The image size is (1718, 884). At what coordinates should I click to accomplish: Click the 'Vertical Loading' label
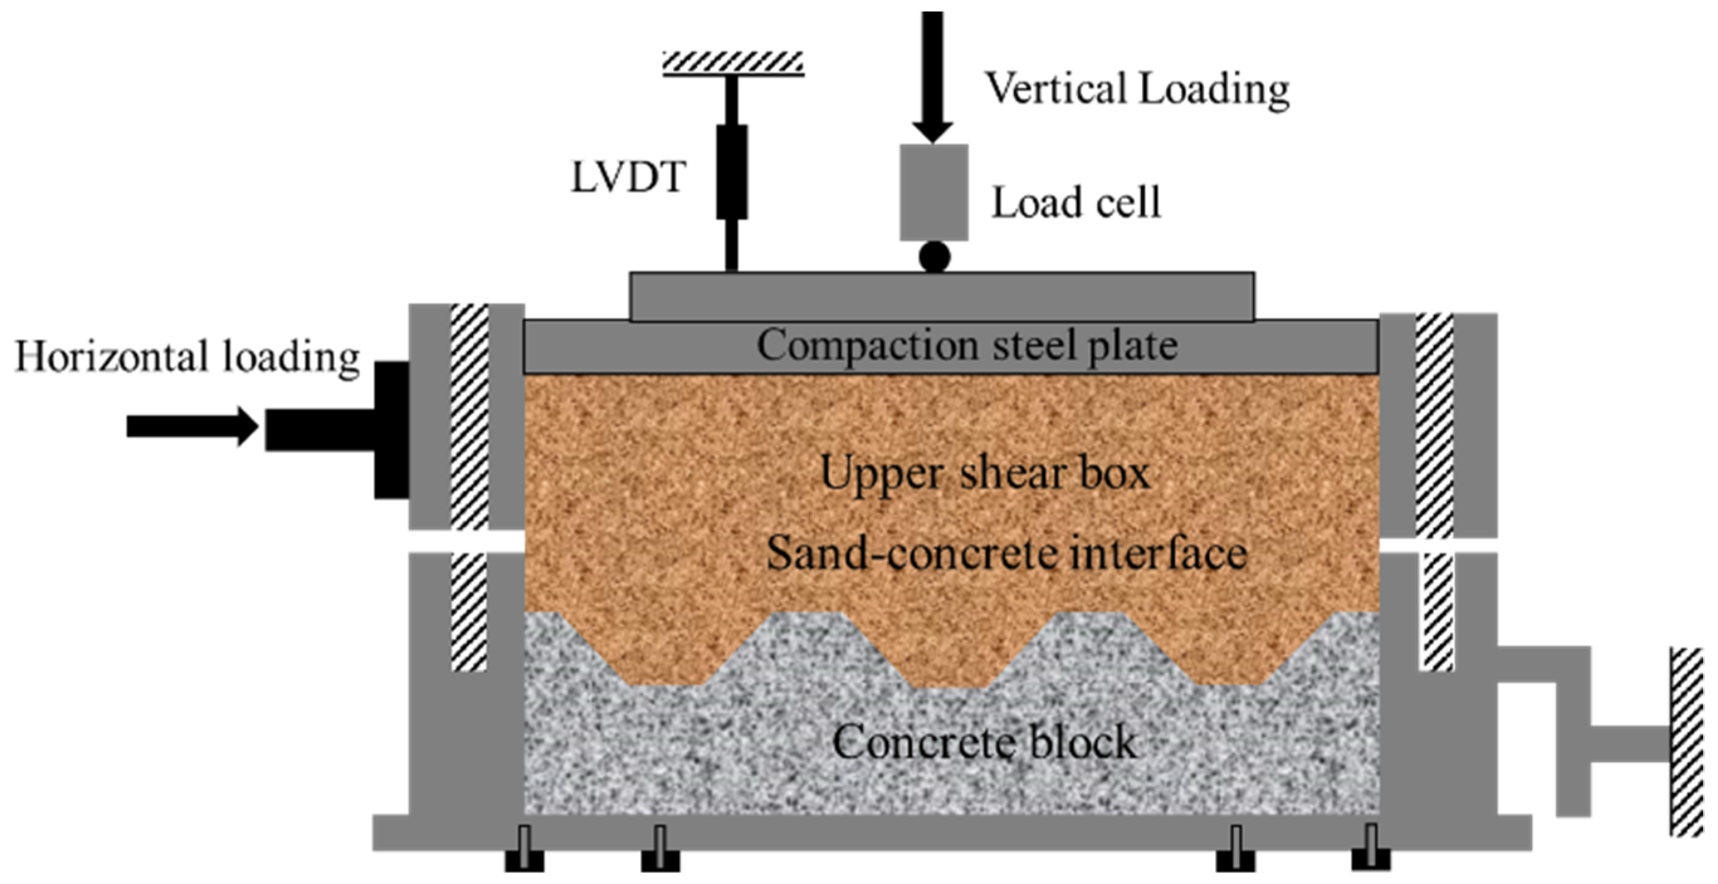[1137, 89]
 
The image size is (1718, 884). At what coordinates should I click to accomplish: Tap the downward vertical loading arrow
[932, 74]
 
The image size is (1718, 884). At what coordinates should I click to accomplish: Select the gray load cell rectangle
[933, 192]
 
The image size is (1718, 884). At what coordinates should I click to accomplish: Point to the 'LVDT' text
[627, 177]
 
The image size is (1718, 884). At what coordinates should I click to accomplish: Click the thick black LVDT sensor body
[732, 172]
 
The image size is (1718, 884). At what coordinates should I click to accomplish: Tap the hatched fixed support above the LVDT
[732, 62]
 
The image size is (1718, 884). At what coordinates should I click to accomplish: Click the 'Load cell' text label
[1076, 203]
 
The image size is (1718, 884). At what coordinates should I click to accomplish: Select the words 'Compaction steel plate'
[966, 346]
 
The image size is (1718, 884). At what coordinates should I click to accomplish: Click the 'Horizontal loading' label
[187, 357]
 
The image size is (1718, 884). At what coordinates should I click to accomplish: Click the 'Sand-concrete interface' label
[1006, 554]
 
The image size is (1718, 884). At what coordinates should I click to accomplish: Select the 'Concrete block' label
[984, 741]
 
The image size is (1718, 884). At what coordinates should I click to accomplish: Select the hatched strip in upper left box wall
[470, 417]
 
